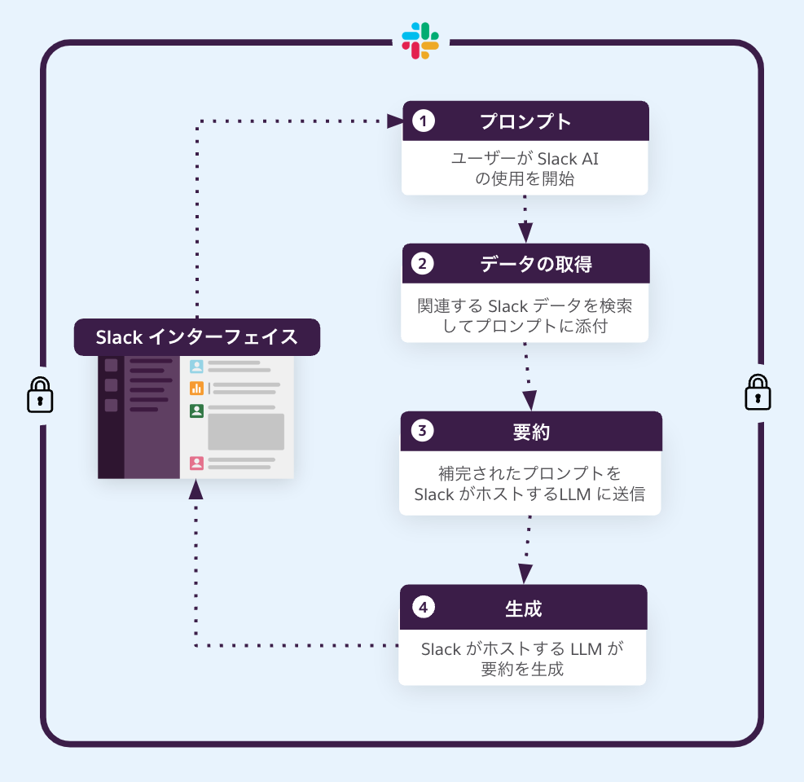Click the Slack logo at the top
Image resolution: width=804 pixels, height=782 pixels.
(420, 41)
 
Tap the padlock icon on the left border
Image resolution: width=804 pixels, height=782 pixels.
(40, 395)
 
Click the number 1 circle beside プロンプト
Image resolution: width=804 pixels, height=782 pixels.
(424, 121)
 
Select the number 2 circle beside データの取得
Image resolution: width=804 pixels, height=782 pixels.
(423, 264)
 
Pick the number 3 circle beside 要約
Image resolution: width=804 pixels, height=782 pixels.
(421, 432)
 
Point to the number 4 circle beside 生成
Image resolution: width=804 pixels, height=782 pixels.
(422, 608)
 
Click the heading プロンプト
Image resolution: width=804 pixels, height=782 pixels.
(525, 121)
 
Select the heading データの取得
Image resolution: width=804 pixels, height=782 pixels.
(535, 264)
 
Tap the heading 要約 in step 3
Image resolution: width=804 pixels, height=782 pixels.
(531, 432)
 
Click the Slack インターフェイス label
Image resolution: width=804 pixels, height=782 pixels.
(196, 337)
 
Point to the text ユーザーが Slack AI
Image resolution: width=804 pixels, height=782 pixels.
(525, 159)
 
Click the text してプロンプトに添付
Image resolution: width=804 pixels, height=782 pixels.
(525, 327)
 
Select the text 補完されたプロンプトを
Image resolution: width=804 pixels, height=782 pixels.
(529, 474)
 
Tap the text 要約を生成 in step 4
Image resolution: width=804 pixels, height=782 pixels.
(522, 670)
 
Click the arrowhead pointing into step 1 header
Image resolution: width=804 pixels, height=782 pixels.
(397, 121)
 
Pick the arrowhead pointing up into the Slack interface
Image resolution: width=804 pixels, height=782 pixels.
(196, 488)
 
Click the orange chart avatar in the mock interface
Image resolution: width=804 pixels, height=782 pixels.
(196, 388)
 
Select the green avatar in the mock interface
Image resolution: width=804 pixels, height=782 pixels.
(196, 411)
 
